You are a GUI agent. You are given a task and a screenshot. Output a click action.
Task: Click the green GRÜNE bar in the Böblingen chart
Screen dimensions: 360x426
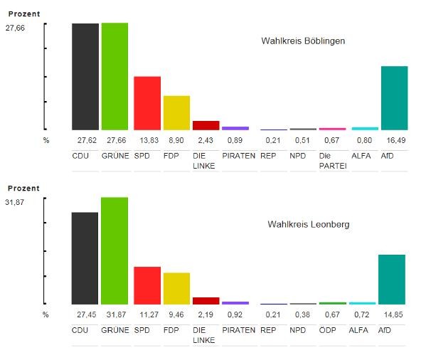115,76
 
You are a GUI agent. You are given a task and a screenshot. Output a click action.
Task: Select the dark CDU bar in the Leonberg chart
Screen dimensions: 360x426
85,258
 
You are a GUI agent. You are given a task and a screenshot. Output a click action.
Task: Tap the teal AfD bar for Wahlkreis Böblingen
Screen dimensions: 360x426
394,98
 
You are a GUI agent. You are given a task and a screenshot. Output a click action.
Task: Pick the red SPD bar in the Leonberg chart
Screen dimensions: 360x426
147,285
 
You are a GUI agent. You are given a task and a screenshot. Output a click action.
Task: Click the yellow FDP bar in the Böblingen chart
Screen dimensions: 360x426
176,112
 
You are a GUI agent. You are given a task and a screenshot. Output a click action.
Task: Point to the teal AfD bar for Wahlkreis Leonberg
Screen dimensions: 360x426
391,279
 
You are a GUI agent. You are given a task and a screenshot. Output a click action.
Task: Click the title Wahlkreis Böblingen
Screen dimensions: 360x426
303,41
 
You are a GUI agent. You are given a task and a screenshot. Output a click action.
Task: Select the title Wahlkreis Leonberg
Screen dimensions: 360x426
308,224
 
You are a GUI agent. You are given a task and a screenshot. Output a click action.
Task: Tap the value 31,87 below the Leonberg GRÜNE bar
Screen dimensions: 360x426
114,314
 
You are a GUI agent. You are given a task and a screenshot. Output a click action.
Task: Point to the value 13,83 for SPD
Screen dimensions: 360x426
147,140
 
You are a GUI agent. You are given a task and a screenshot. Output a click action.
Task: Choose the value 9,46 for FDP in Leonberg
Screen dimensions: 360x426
176,314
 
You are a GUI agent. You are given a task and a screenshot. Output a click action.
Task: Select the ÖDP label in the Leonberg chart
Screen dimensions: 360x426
327,330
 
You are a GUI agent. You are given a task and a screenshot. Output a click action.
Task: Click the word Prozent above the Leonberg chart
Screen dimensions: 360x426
23,189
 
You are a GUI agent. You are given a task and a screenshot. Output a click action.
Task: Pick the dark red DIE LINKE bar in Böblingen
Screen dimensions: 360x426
206,125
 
